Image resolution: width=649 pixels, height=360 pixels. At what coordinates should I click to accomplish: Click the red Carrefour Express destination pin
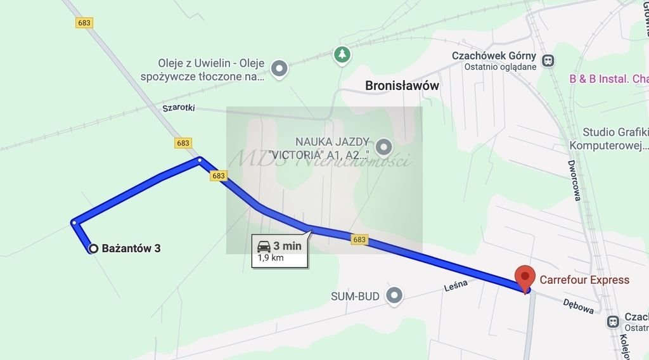524,277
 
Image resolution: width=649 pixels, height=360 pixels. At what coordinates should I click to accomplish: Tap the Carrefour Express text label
584,280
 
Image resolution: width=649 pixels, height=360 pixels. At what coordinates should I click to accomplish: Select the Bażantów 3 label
131,248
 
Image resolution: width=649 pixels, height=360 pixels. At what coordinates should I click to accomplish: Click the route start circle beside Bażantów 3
93,248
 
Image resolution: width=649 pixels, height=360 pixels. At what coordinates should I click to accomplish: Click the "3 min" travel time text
288,246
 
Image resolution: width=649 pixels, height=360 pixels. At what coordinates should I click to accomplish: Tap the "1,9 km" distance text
271,258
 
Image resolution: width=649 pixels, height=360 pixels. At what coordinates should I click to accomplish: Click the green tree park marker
342,55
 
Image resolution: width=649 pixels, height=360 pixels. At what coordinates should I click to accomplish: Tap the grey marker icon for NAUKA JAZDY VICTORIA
383,148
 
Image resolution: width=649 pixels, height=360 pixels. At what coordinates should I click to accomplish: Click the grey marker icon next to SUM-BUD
395,295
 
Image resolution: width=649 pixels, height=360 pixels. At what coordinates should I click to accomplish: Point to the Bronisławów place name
402,86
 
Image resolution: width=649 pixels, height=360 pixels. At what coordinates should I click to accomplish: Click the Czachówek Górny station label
494,56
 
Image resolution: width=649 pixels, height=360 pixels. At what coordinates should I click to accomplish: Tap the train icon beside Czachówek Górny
548,61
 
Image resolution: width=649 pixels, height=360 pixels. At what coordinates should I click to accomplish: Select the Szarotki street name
178,108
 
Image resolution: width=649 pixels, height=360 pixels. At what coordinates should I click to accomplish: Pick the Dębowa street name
578,307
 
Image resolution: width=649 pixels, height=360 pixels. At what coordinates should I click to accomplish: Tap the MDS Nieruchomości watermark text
320,158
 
